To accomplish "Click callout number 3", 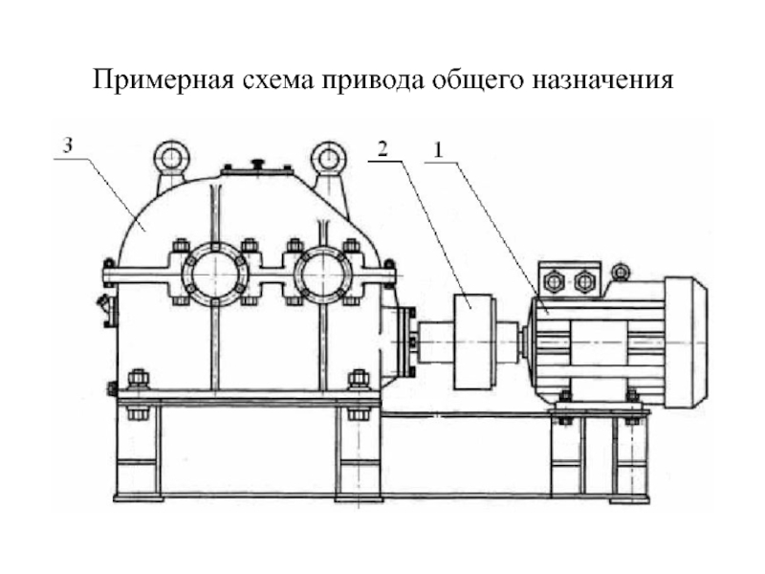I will tap(67, 145).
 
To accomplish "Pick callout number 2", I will tap(382, 149).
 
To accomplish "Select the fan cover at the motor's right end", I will tap(686, 341).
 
